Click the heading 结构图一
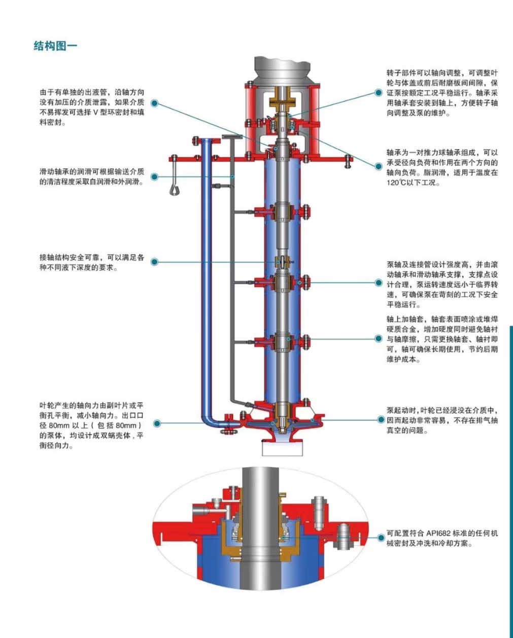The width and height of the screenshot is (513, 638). (55, 46)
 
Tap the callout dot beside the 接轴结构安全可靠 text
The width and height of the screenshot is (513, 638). (155, 262)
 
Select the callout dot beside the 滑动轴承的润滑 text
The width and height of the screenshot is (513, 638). (155, 177)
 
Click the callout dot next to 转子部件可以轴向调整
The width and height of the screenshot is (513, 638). (378, 93)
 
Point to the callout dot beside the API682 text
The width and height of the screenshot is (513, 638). (381, 537)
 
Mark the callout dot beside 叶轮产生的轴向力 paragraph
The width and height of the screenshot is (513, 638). (157, 423)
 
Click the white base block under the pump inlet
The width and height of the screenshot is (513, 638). (283, 447)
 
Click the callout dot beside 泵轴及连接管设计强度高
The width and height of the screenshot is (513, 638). (379, 283)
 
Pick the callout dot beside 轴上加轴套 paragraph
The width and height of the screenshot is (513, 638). (379, 338)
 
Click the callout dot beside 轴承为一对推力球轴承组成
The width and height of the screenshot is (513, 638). (379, 166)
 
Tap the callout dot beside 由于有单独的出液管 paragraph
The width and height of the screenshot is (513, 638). (155, 103)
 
